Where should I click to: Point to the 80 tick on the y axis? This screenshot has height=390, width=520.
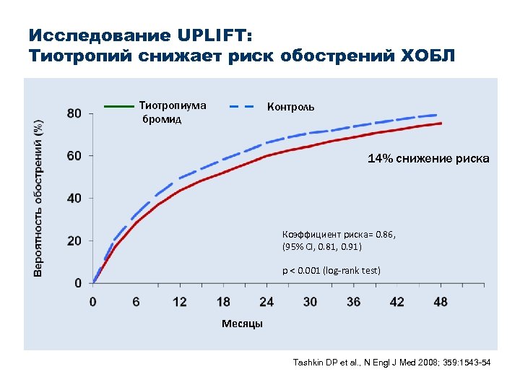(x=74, y=113)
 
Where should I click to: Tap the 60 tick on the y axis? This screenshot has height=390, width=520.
(x=74, y=155)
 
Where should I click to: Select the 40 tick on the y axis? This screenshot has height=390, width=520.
(x=74, y=198)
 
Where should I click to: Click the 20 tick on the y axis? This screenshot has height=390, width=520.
(x=74, y=240)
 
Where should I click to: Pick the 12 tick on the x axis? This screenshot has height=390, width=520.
(x=180, y=301)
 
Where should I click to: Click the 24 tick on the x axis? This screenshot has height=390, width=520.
(x=266, y=301)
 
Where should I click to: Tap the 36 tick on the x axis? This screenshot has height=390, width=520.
(x=353, y=301)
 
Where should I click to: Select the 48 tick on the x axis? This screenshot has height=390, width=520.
(x=440, y=301)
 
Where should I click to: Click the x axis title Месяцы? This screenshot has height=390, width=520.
(x=242, y=324)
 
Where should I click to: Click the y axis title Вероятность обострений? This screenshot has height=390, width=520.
(x=39, y=197)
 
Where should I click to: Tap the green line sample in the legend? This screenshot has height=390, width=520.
(x=118, y=106)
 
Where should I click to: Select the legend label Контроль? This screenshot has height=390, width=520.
(x=290, y=107)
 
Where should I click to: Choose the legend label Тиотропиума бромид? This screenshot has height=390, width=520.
(x=172, y=112)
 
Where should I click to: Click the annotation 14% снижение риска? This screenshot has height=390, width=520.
(x=428, y=159)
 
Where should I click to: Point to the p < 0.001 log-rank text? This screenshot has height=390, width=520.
(x=331, y=271)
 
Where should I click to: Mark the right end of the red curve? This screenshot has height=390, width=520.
(x=441, y=123)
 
